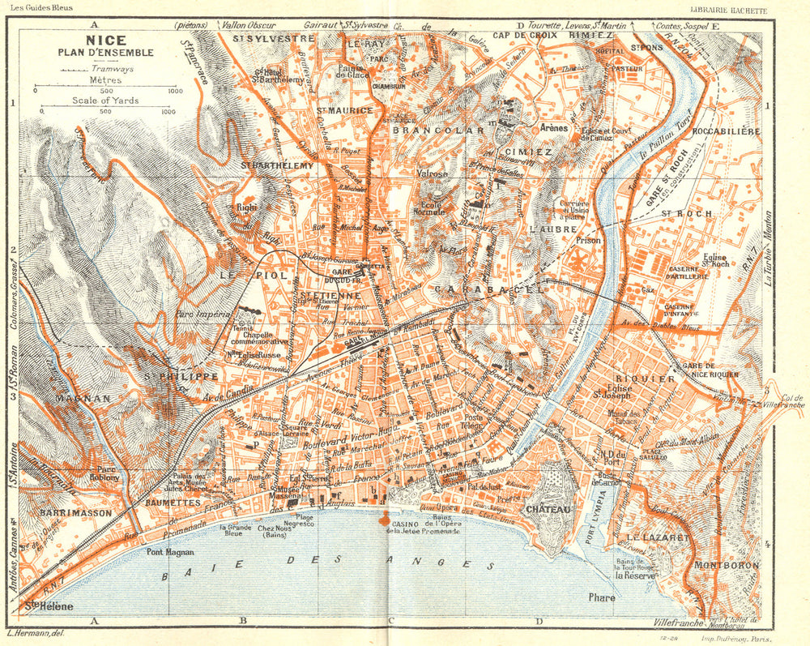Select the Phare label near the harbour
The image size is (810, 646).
[602, 598]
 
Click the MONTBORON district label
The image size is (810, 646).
[726, 564]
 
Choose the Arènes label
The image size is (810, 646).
[553, 127]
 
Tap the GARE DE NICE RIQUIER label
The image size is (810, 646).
[712, 370]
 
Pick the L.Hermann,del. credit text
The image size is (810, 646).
[35, 633]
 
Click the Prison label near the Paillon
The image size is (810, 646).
[589, 241]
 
